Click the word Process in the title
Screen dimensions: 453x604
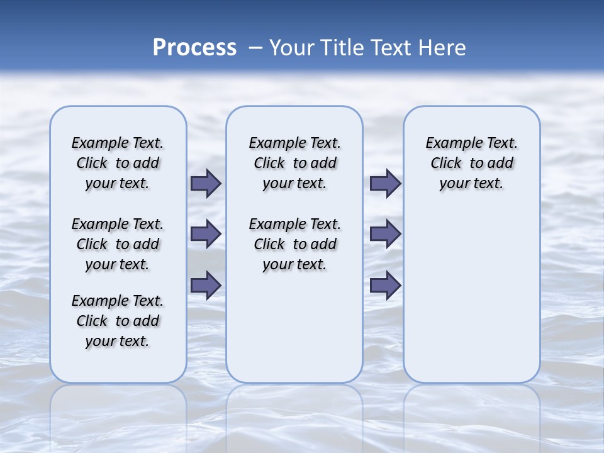[194, 48]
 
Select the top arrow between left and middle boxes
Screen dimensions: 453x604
[206, 183]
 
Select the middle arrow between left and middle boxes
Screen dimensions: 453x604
[206, 234]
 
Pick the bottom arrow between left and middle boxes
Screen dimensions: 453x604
[206, 285]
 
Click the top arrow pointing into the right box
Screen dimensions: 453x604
[385, 183]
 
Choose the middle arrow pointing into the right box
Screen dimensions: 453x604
[385, 234]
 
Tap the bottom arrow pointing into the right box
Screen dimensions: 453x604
[385, 285]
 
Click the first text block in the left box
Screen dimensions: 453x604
[118, 163]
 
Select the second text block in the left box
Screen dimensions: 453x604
[118, 244]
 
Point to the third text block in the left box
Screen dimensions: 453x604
[118, 321]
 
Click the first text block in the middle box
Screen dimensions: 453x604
[294, 163]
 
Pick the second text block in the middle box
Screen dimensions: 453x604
[294, 244]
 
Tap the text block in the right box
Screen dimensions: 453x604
[472, 163]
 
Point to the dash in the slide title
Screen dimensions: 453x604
[255, 48]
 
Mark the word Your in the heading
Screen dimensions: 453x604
[293, 48]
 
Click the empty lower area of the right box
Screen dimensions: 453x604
[472, 296]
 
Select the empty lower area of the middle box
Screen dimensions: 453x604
[294, 327]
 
